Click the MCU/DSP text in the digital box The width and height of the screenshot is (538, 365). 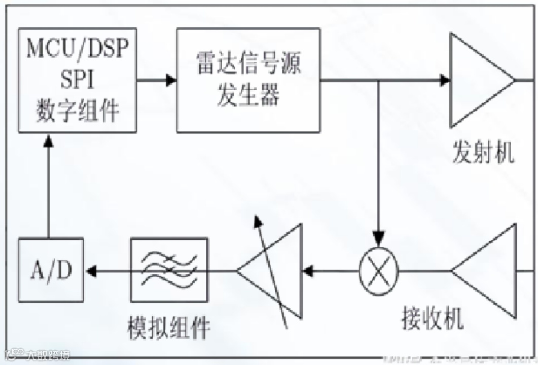pos(78,50)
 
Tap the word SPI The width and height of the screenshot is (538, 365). pos(78,80)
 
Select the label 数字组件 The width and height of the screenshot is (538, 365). pos(78,111)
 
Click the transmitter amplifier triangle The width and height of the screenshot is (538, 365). pos(477,80)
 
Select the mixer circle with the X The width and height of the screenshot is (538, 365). pos(379,271)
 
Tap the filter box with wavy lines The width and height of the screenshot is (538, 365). pos(169,270)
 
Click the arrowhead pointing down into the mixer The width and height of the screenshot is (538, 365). pos(379,237)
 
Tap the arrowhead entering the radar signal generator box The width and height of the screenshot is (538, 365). pos(171,80)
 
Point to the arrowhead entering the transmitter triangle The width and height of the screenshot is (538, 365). pos(445,80)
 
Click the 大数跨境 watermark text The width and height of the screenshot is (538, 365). pos(48,355)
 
